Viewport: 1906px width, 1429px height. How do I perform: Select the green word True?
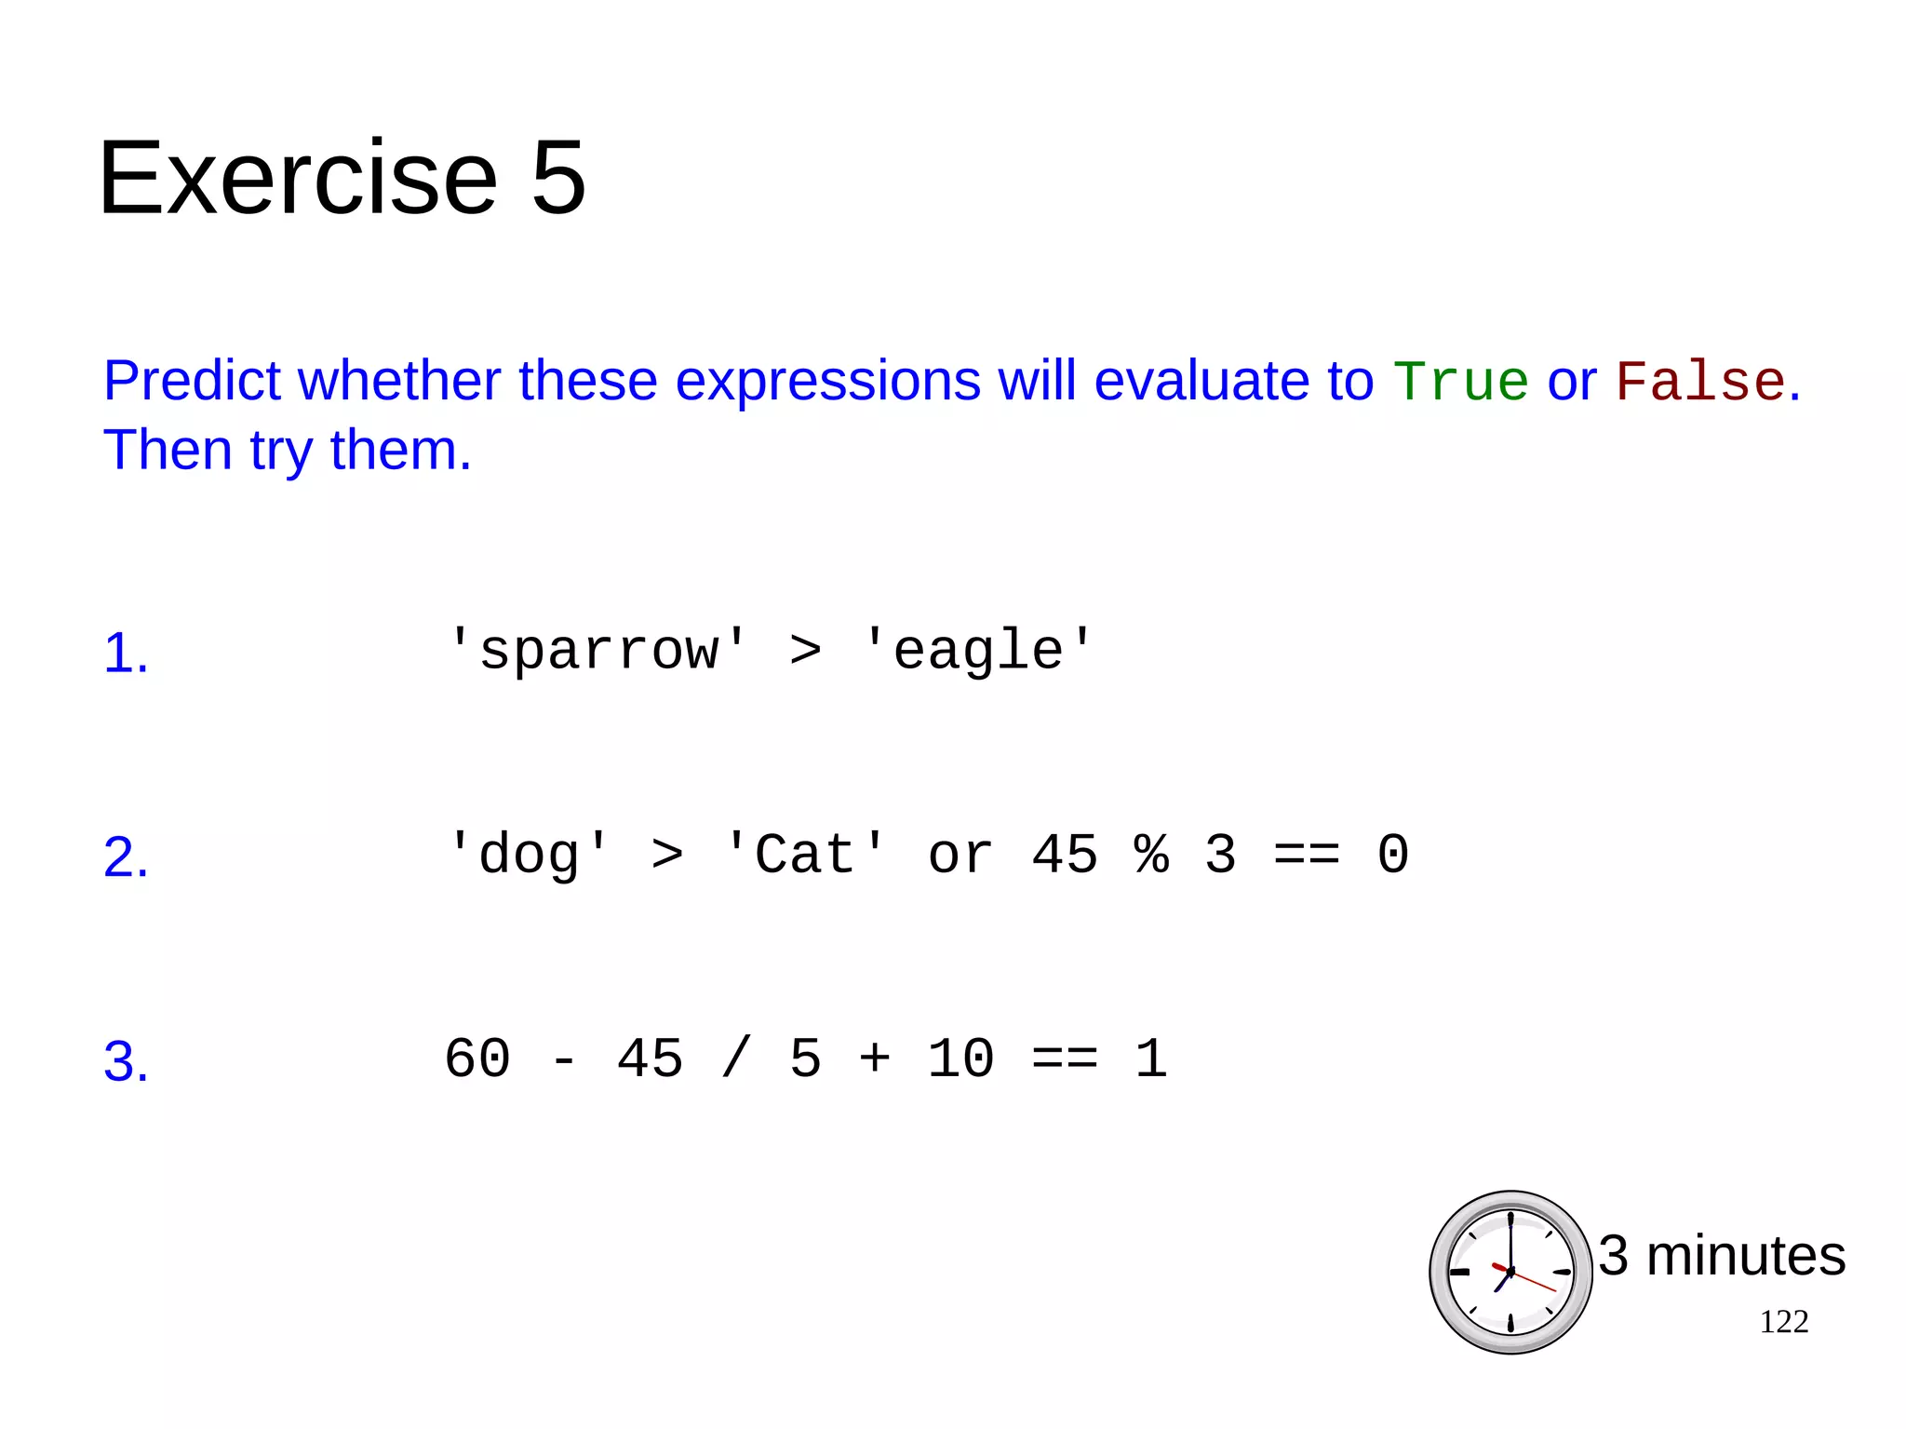pyautogui.click(x=1460, y=382)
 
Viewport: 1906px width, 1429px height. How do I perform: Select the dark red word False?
pyautogui.click(x=1699, y=382)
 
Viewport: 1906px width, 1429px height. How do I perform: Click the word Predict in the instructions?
pyautogui.click(x=192, y=382)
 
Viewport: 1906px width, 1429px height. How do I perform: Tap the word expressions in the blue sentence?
pyautogui.click(x=827, y=382)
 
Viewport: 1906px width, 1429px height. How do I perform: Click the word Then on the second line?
pyautogui.click(x=168, y=451)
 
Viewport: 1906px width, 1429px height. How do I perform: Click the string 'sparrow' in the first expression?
pyautogui.click(x=597, y=650)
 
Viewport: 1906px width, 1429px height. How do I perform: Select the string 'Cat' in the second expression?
pyautogui.click(x=804, y=854)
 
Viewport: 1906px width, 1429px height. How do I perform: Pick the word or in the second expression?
pyautogui.click(x=960, y=854)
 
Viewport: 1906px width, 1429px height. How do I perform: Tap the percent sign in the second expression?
pyautogui.click(x=1151, y=854)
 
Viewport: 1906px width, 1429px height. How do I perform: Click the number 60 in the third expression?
pyautogui.click(x=477, y=1058)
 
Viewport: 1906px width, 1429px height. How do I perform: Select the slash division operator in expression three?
pyautogui.click(x=735, y=1058)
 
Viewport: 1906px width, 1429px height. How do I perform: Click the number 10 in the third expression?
pyautogui.click(x=960, y=1058)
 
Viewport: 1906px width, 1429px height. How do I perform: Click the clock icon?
pyautogui.click(x=1510, y=1272)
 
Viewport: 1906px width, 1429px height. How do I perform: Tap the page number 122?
pyautogui.click(x=1783, y=1322)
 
